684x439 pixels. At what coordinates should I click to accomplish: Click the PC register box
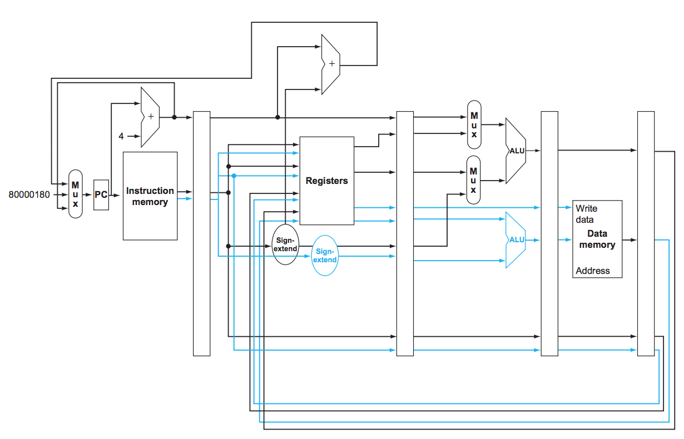tap(101, 195)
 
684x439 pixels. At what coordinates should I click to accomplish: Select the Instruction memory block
tap(150, 196)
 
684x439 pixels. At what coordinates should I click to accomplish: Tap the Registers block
tap(326, 181)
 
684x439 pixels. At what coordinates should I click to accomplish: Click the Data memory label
tap(597, 240)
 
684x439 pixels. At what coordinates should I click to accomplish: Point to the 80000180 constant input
tap(29, 195)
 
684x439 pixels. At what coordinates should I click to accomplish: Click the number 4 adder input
tap(121, 136)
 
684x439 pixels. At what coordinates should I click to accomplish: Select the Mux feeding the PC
tap(76, 193)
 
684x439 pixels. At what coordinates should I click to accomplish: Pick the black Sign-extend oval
tap(286, 244)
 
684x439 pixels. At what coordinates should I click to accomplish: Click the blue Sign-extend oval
tap(325, 256)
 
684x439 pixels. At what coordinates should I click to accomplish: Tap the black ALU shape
tap(516, 151)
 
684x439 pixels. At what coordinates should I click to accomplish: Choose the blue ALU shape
tap(516, 240)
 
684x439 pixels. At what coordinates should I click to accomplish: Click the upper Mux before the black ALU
tap(474, 124)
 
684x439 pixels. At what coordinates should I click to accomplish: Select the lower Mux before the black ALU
tap(474, 179)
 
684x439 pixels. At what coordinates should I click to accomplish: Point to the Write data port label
tap(586, 214)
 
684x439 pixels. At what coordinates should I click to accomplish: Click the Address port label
tap(593, 271)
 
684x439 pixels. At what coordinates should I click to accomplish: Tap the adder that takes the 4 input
tap(150, 117)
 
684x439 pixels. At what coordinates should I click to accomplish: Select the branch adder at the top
tap(331, 64)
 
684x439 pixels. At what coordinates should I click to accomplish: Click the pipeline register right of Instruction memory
tap(201, 233)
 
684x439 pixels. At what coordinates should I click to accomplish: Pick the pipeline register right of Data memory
tap(646, 233)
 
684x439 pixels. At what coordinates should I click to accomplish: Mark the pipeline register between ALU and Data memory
tap(549, 233)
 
